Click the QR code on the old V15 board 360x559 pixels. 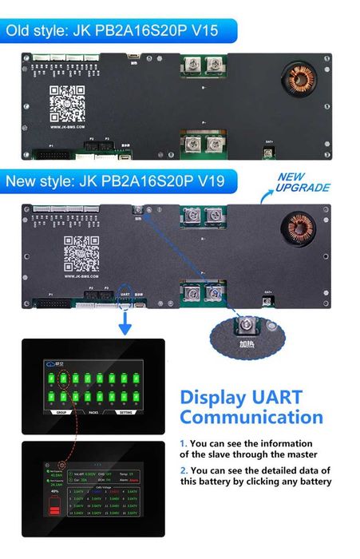[x=68, y=102]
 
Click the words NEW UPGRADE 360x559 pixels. [x=303, y=182]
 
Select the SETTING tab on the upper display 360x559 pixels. [x=127, y=414]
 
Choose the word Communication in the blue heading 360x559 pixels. [x=251, y=417]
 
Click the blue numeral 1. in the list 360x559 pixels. [x=183, y=443]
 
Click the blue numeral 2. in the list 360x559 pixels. [x=184, y=470]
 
